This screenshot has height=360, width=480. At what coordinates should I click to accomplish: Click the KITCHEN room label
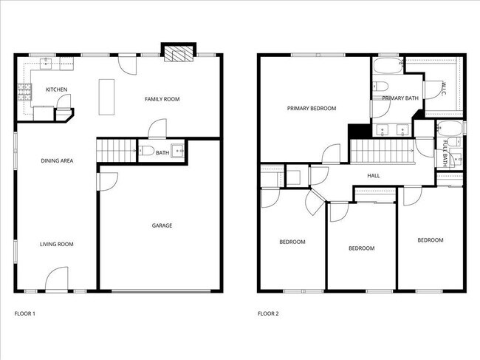click(x=57, y=89)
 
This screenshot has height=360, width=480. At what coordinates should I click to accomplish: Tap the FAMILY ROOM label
click(x=162, y=99)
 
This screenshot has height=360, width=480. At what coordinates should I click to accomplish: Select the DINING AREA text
click(x=57, y=160)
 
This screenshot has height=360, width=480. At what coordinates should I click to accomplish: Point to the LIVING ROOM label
click(x=57, y=244)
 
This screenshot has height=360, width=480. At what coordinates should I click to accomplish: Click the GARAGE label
click(x=162, y=225)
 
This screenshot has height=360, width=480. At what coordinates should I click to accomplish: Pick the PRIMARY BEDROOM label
click(x=312, y=108)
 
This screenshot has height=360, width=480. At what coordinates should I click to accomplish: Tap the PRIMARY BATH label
click(x=401, y=98)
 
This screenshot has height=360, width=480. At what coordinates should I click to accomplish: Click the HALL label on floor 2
click(x=374, y=175)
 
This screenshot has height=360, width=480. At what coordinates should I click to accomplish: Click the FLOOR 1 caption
click(x=25, y=313)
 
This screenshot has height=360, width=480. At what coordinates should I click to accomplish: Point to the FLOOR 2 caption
click(x=268, y=313)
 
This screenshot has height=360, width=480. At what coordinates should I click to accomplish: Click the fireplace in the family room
click(x=176, y=54)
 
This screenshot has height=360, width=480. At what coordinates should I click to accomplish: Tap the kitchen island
click(x=107, y=96)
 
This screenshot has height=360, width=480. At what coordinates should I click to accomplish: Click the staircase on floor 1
click(x=116, y=149)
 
